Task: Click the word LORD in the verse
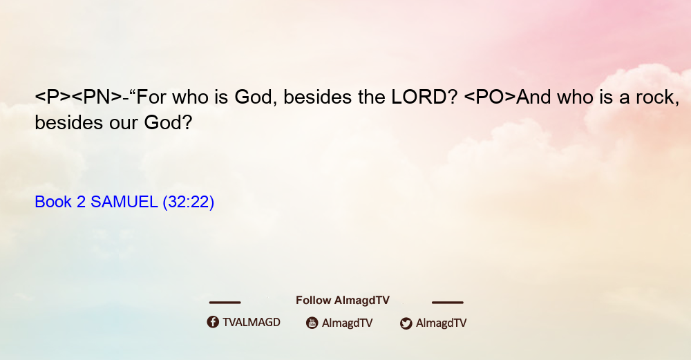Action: (419, 97)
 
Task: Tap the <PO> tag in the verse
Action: (490, 97)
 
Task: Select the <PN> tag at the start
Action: (97, 97)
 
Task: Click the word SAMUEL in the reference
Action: (124, 202)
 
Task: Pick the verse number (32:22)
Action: (188, 202)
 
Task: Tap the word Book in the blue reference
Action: (53, 202)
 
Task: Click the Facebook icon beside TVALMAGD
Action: (213, 322)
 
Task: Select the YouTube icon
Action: (312, 323)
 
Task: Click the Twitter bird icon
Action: (406, 323)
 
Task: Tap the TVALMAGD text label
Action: (252, 322)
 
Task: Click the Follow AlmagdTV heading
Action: (343, 301)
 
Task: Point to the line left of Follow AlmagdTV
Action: (225, 302)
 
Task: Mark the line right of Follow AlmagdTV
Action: (448, 302)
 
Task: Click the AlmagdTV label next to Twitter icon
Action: (441, 323)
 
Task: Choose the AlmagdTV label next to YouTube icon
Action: (348, 323)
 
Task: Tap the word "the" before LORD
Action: (372, 97)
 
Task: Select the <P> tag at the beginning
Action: (53, 97)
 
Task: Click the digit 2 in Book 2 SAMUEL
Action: (81, 202)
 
